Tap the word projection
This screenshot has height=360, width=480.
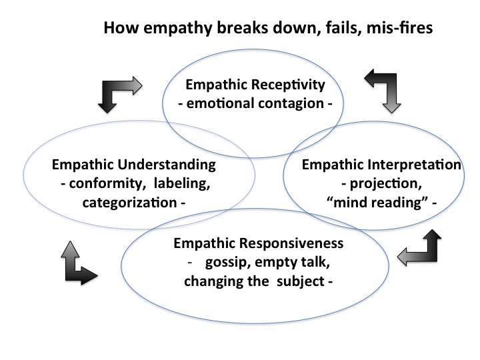pyautogui.click(x=377, y=183)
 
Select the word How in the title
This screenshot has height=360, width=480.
pyautogui.click(x=118, y=30)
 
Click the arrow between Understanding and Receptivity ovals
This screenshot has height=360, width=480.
pyautogui.click(x=119, y=91)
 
